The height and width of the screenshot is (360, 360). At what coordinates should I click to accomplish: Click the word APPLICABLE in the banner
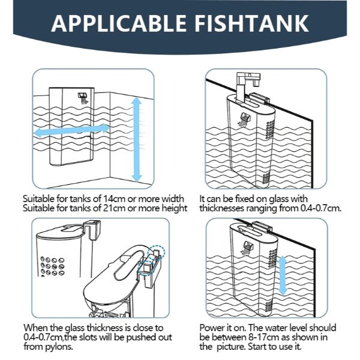coord(118,23)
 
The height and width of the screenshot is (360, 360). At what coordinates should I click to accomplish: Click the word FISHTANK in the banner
coord(252,23)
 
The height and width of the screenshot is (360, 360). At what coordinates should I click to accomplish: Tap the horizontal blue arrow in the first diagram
coord(71,130)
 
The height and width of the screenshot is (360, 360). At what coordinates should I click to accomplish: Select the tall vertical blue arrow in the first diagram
coord(137,140)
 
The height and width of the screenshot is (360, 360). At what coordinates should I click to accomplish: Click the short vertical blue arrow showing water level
coord(283,275)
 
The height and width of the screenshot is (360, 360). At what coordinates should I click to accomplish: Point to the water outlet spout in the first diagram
coord(83,98)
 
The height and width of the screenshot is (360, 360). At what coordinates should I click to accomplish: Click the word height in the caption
coord(175,208)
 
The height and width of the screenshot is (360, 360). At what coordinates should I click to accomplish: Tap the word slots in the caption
coord(89,337)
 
